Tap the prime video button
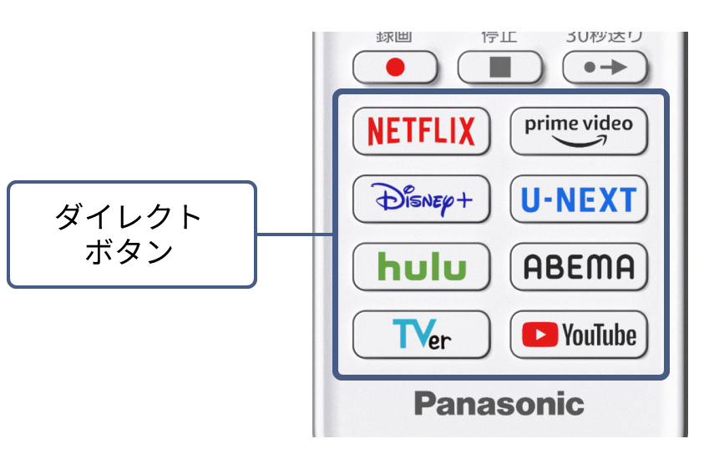(579, 130)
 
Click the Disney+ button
(422, 199)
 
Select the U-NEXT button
(579, 199)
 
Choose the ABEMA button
(579, 267)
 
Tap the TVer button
(422, 335)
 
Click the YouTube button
(579, 335)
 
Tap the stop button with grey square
(499, 67)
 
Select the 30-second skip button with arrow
(604, 67)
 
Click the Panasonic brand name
(499, 404)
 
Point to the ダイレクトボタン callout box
(131, 234)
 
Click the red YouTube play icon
(539, 335)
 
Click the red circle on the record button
(395, 68)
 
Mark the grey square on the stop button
(499, 67)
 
